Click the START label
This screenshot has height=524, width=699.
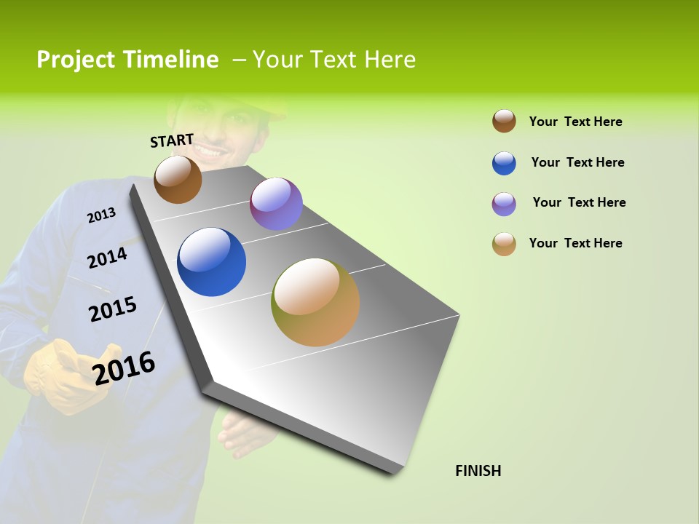click(x=172, y=140)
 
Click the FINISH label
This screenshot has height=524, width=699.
click(x=478, y=471)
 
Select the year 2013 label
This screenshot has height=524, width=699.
click(x=101, y=215)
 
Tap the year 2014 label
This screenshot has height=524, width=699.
click(x=107, y=258)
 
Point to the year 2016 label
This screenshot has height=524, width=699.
click(x=124, y=368)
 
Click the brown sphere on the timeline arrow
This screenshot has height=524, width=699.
click(x=178, y=179)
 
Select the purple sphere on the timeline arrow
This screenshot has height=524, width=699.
click(x=276, y=204)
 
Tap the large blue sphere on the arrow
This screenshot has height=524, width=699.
click(x=211, y=262)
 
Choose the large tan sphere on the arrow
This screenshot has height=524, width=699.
click(x=315, y=302)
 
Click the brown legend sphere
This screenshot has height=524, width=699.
click(x=504, y=121)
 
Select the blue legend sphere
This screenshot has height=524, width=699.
click(x=504, y=163)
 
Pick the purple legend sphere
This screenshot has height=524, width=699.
click(x=504, y=204)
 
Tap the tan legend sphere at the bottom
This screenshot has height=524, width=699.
click(x=504, y=244)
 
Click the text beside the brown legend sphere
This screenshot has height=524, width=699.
click(x=575, y=122)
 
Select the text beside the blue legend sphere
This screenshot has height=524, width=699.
click(x=577, y=162)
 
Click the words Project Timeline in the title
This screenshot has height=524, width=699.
click(x=127, y=60)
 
